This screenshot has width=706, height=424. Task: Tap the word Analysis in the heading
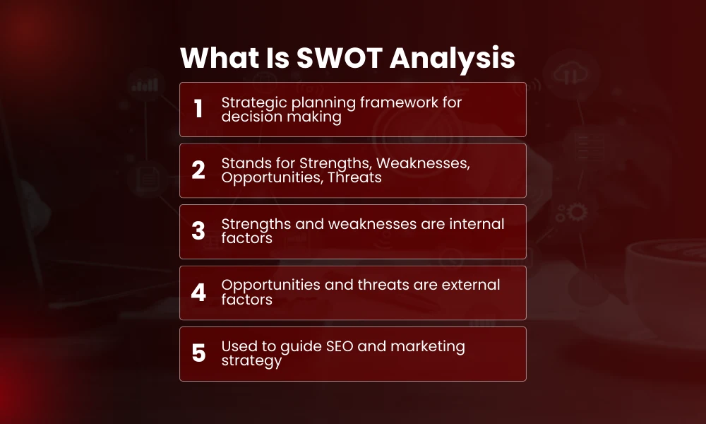[x=453, y=59]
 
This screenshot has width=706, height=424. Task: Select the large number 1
[x=198, y=110]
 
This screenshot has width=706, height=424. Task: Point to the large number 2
[x=198, y=170]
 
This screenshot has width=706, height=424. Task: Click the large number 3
[x=198, y=231]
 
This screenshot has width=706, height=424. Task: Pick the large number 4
[x=198, y=293]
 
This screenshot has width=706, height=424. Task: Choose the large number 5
[x=198, y=353]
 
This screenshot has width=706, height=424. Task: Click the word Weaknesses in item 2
[x=431, y=163]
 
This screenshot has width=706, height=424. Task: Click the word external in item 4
[x=473, y=285]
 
